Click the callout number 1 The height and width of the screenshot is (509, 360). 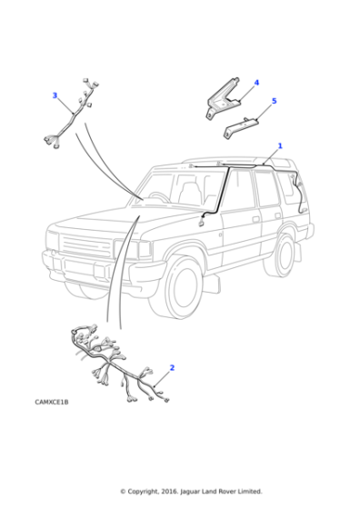click(279, 145)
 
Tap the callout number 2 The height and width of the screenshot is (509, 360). click(172, 368)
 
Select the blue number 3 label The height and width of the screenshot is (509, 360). click(55, 95)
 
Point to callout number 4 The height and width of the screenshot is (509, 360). click(256, 83)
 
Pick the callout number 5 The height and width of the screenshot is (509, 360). click(274, 101)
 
